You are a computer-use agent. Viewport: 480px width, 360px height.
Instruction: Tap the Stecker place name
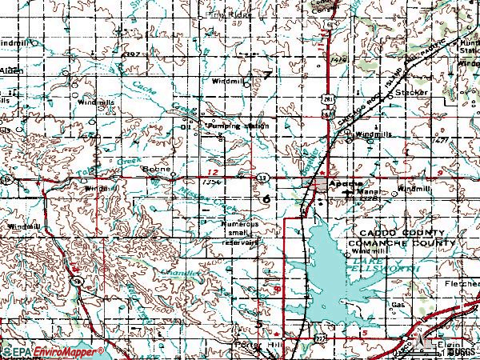click(x=412, y=93)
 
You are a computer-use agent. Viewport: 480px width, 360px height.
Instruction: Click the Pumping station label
click(x=238, y=126)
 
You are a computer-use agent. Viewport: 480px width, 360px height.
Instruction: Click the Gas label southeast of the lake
click(x=398, y=305)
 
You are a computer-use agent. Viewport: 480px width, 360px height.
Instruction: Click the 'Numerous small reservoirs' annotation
click(x=241, y=234)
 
